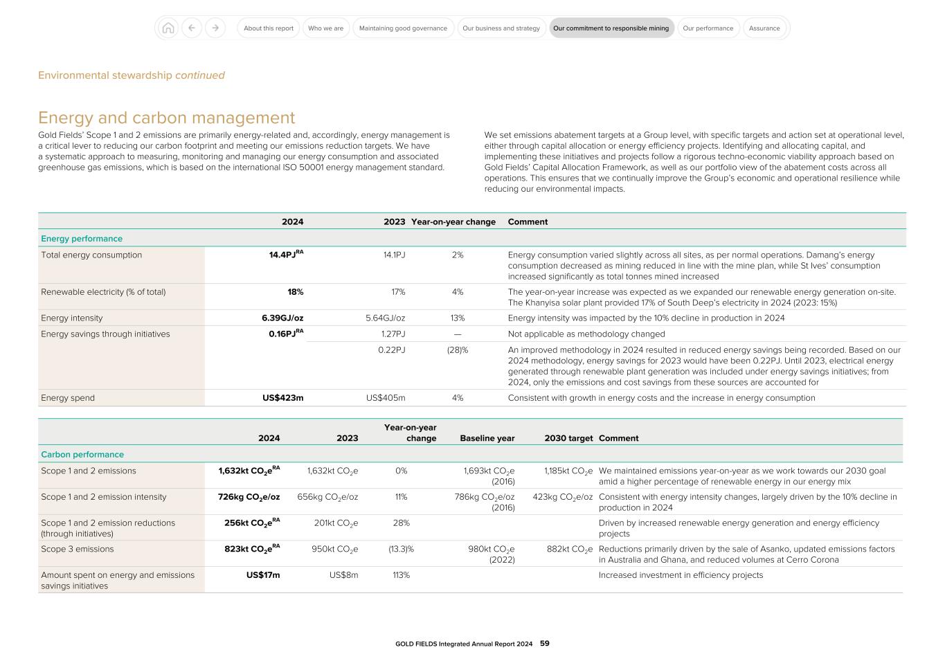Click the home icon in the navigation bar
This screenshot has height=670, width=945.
tap(168, 28)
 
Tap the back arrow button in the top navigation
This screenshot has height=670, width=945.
tap(192, 28)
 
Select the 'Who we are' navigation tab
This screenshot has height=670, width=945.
tap(325, 28)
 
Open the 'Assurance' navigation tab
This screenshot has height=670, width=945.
tap(764, 28)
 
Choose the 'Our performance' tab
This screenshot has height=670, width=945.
tap(708, 28)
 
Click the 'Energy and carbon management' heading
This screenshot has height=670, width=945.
tap(166, 118)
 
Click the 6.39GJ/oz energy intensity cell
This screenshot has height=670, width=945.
tap(282, 318)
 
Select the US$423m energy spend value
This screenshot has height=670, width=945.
tap(282, 398)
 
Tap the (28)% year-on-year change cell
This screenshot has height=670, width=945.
tap(457, 350)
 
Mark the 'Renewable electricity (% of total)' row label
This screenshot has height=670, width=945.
tap(103, 292)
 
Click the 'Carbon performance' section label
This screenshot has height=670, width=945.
tap(82, 455)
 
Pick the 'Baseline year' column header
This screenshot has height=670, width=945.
tap(487, 438)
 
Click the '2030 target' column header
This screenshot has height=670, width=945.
tap(568, 438)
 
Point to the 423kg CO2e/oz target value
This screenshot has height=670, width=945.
tap(562, 497)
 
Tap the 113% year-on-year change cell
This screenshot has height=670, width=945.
tap(401, 575)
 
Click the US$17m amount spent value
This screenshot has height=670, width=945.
tap(263, 575)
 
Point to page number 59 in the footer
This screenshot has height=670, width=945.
tap(545, 644)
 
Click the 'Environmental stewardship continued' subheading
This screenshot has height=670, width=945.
tap(132, 75)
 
